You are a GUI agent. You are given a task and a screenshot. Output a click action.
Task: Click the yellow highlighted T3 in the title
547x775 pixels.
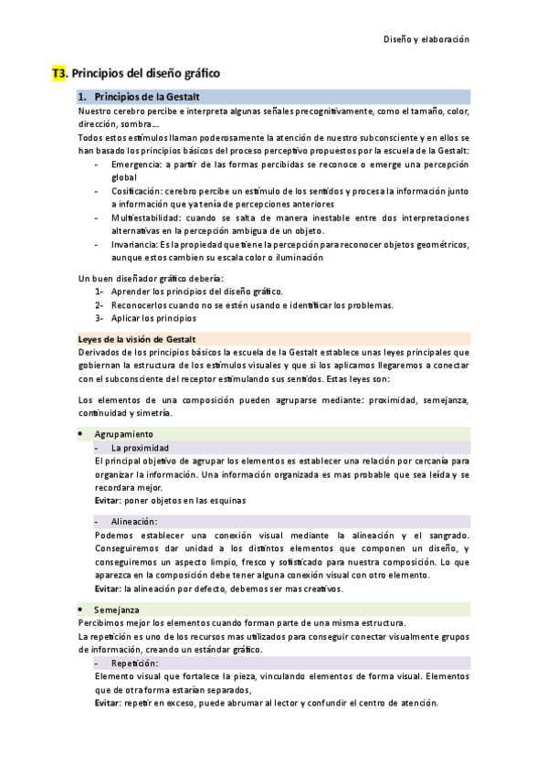pos(59,72)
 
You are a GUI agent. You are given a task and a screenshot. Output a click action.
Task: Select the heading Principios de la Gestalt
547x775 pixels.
pos(147,97)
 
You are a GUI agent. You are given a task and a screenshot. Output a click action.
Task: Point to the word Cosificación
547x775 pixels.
pos(137,191)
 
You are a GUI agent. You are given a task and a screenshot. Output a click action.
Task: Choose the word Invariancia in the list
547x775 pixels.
pos(133,244)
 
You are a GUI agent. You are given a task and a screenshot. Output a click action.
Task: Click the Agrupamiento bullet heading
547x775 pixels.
pos(124,434)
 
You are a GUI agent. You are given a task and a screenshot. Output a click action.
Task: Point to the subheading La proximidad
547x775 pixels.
pos(140,448)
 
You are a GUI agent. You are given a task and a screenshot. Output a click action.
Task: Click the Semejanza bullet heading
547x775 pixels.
pos(117,609)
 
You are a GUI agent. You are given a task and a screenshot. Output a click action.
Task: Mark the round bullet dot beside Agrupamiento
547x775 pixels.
pos(81,434)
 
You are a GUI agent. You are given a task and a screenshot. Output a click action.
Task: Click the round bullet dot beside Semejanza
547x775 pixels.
pos(81,609)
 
